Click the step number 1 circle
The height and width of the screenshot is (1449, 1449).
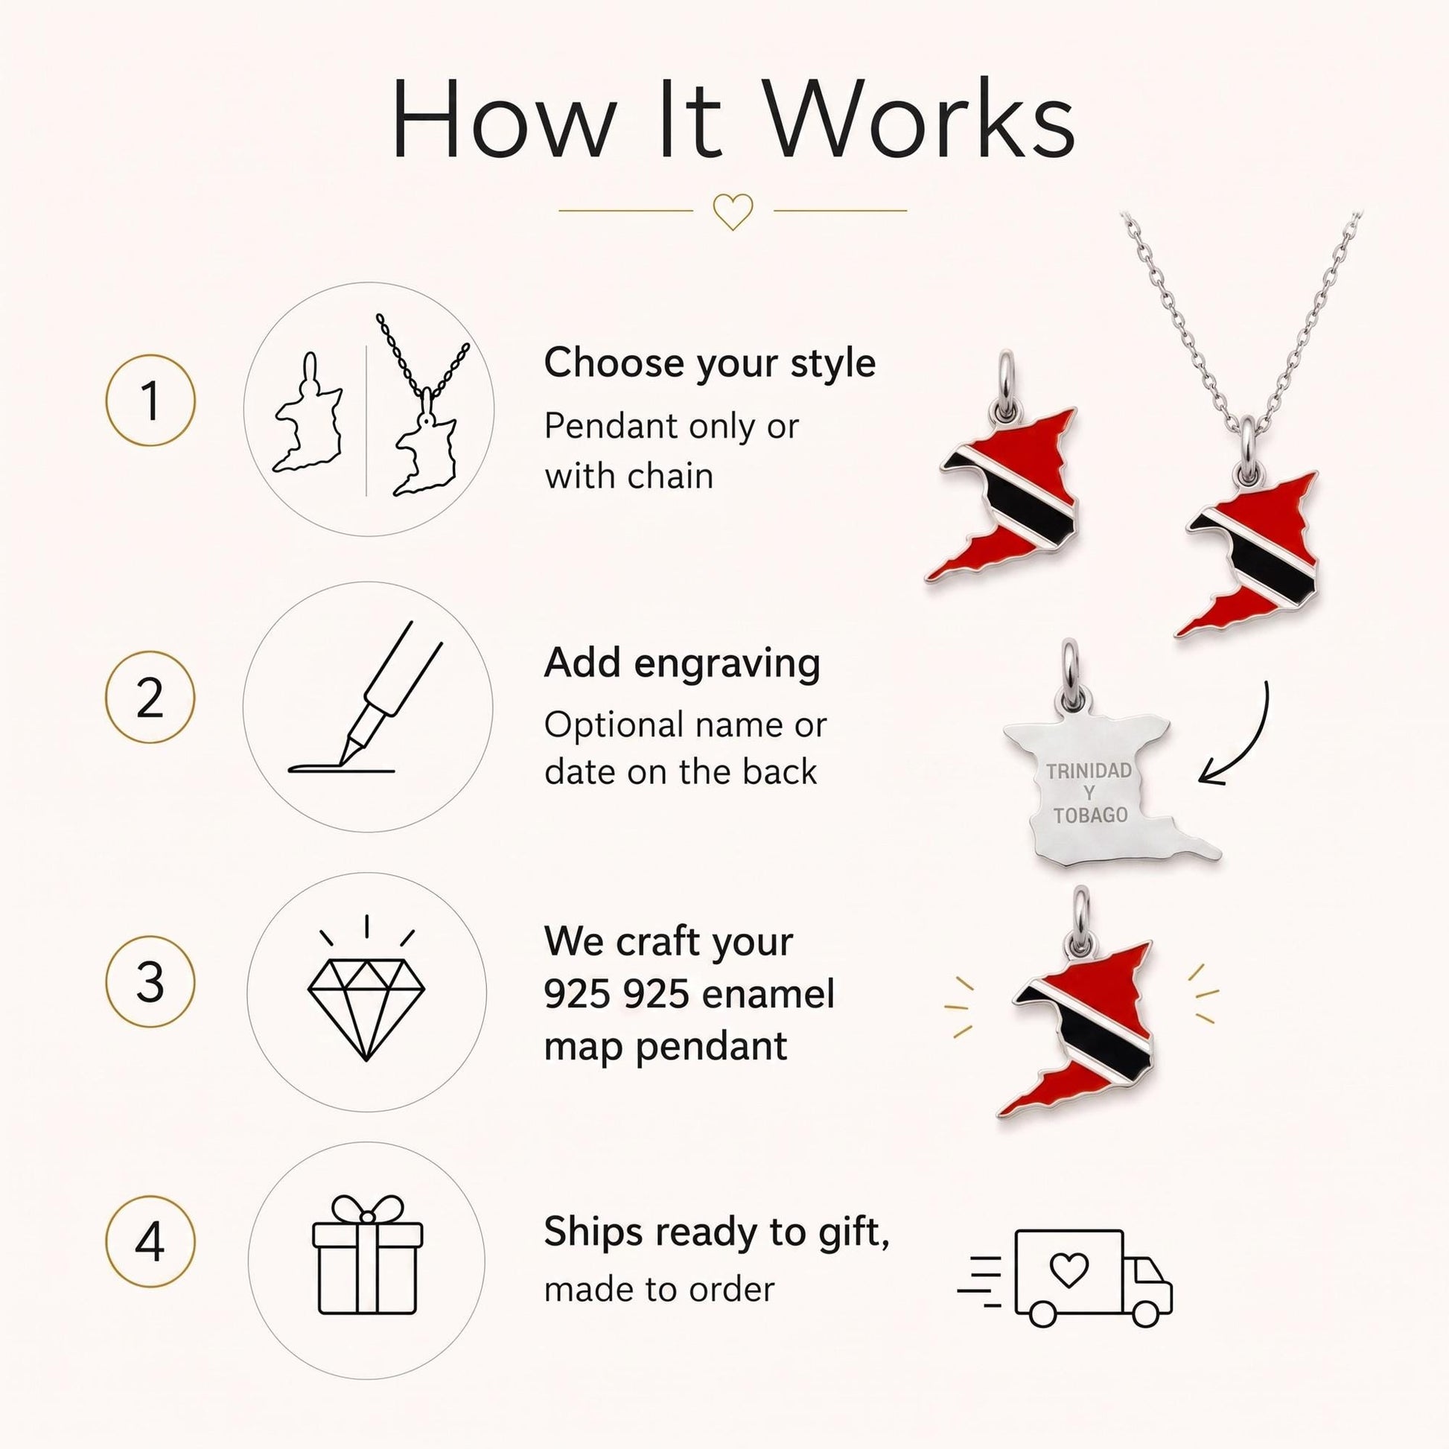point(150,401)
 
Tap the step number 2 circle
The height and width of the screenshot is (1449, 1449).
point(150,698)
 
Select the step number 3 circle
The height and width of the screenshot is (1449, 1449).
point(150,981)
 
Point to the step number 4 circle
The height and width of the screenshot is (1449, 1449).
point(150,1242)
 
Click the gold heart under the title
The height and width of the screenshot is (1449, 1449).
point(732,211)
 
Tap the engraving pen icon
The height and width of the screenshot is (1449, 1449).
point(366,698)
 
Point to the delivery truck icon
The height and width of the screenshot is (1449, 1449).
point(1065,1278)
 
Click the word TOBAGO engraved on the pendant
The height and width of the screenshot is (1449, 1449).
point(1091,815)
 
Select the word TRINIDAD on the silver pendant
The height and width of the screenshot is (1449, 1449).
point(1089,771)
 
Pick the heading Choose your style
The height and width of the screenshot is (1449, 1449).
point(710,364)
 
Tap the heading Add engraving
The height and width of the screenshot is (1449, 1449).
point(683,663)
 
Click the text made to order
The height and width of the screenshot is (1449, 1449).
point(659,1290)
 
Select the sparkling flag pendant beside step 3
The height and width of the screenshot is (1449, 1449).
point(1079,1010)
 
